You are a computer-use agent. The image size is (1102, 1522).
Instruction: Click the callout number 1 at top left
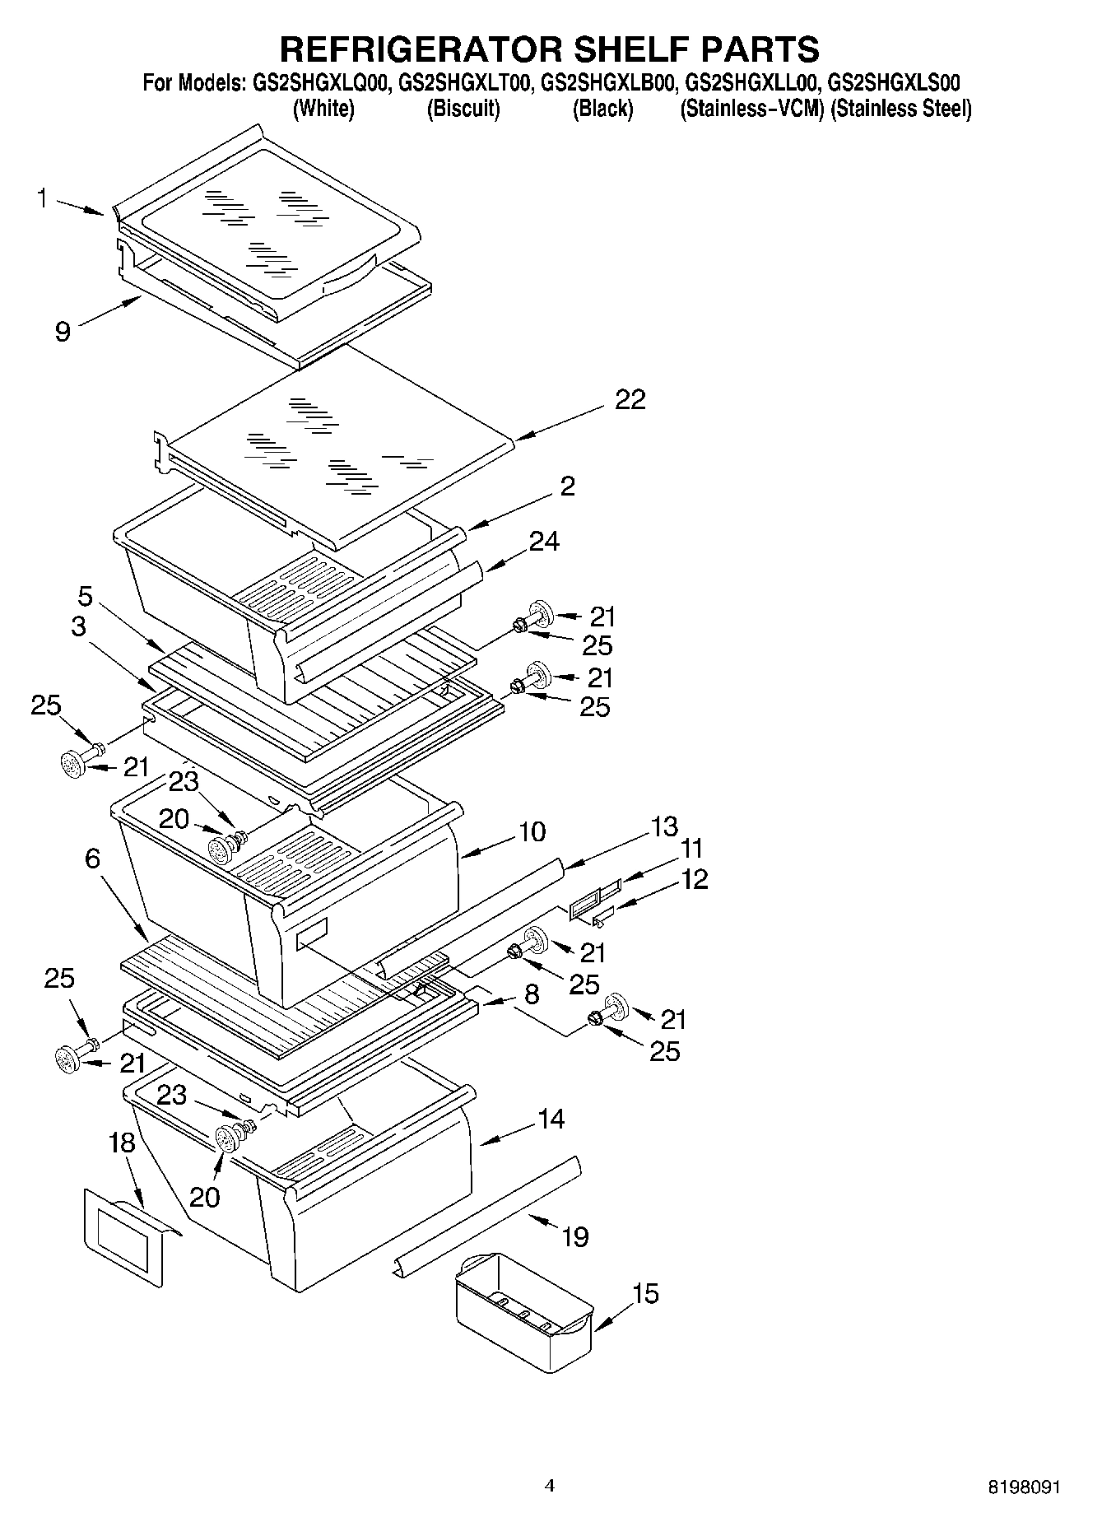tap(42, 198)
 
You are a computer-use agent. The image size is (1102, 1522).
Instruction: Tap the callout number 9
tap(63, 332)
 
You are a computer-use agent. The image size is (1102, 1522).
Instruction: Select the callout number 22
tap(630, 399)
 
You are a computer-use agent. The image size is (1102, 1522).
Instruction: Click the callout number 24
tap(544, 541)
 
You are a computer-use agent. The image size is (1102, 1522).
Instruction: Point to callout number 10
tap(532, 831)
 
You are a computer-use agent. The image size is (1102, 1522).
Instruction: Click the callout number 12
tap(694, 879)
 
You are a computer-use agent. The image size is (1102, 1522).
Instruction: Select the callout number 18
tap(121, 1143)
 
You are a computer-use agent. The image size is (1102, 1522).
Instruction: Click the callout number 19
tap(575, 1236)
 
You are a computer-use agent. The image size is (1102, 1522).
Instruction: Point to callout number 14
tap(551, 1119)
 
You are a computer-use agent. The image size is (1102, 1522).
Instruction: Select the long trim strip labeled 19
tap(486, 1217)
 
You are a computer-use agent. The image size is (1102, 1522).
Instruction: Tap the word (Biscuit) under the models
tap(463, 109)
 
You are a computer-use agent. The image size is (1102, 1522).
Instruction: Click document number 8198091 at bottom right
tap(1024, 1487)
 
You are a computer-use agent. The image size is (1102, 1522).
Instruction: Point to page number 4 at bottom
tap(550, 1485)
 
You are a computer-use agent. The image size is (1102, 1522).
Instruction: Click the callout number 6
tap(92, 859)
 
